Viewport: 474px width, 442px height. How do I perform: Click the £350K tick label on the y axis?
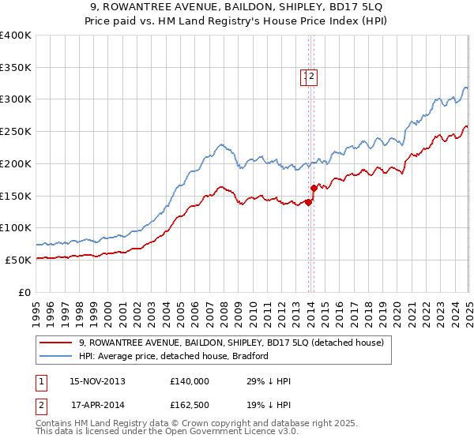[x=16, y=68]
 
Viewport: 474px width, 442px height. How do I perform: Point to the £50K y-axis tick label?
[x=18, y=260]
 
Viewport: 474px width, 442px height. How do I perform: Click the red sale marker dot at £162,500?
[x=314, y=188]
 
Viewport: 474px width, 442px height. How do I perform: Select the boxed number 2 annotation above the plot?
[x=313, y=77]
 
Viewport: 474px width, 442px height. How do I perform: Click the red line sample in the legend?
[x=56, y=343]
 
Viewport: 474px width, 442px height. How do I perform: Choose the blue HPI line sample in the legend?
[x=56, y=356]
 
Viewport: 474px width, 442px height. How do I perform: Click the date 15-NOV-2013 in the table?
[x=97, y=381]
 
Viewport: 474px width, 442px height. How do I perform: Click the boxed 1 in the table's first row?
[x=39, y=381]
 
